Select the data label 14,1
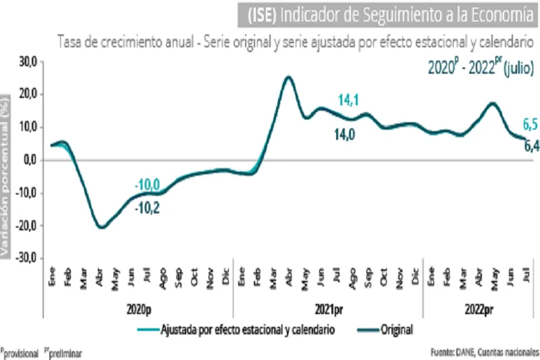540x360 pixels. click(348, 101)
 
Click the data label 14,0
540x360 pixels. click(345, 134)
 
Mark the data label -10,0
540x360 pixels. click(146, 184)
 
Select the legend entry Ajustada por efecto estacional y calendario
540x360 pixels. click(247, 330)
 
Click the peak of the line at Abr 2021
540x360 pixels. click(289, 77)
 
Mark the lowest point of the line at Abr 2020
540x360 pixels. click(101, 227)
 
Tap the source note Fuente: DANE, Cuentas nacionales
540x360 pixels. click(485, 352)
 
